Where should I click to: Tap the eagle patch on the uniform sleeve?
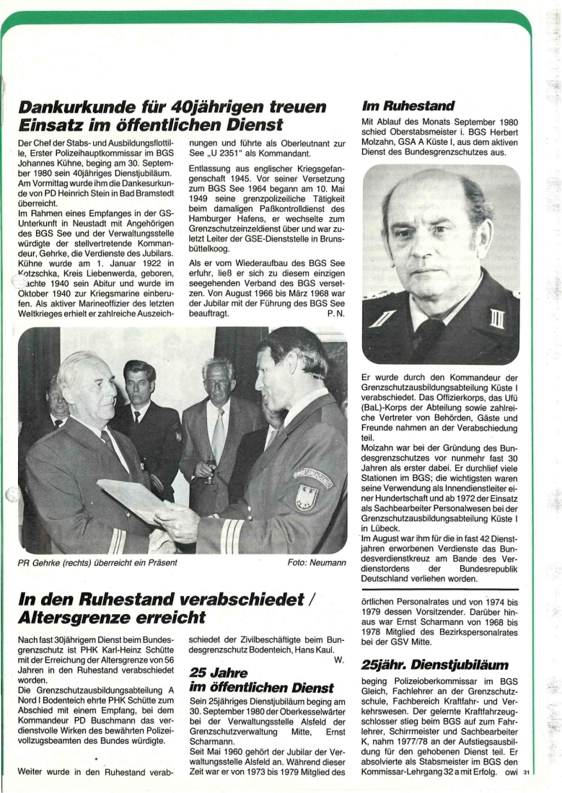tap(307, 497)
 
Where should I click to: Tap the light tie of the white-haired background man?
tap(218, 433)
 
